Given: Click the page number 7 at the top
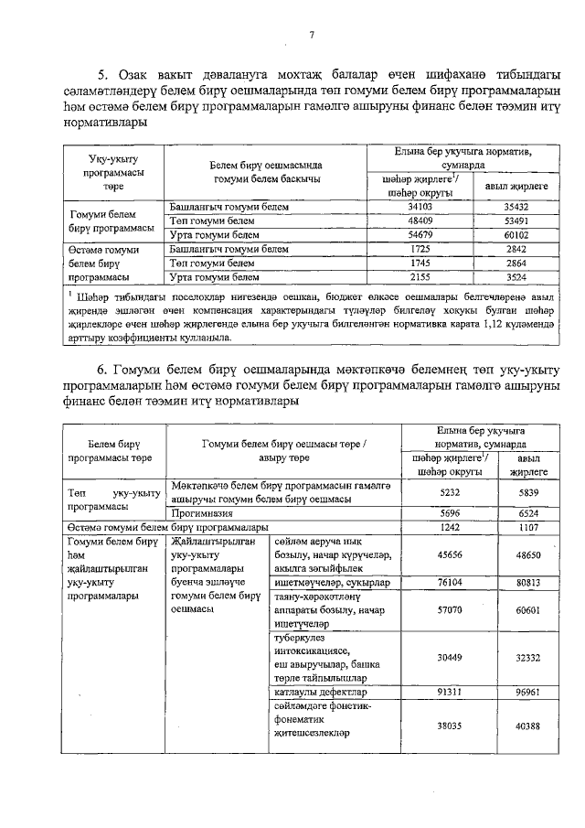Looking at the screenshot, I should click(x=312, y=36).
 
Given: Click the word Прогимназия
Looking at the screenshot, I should click(x=203, y=514).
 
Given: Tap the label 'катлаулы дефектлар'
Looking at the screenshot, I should click(x=315, y=693).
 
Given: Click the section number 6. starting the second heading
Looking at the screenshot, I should click(x=103, y=368).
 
